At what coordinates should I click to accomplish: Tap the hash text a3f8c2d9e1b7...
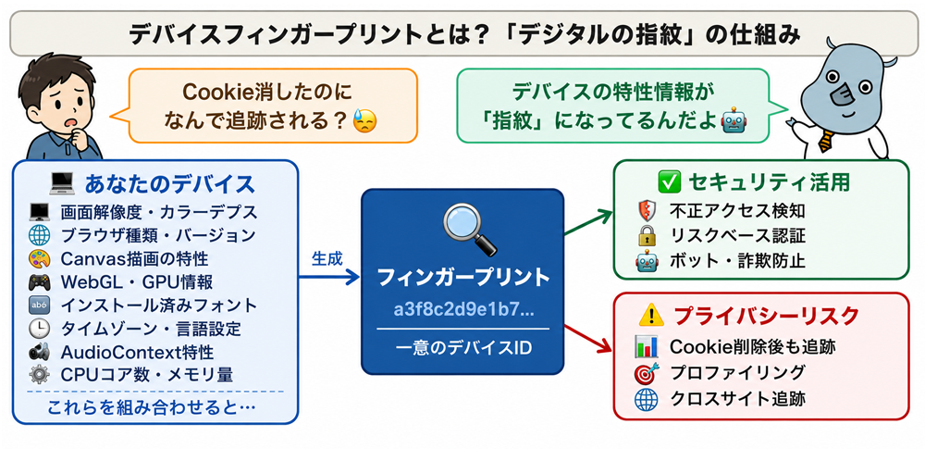[x=463, y=310]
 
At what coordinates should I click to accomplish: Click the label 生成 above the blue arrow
[x=327, y=259]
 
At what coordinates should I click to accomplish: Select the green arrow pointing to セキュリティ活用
[x=587, y=222]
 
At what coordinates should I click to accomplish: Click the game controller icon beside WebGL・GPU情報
[x=39, y=282]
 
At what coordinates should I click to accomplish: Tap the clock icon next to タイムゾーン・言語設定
[x=39, y=329]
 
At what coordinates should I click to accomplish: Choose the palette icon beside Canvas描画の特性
[x=39, y=259]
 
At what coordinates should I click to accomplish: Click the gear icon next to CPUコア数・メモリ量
[x=39, y=375]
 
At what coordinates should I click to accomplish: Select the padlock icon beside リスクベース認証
[x=645, y=236]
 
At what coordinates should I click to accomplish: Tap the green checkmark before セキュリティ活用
[x=669, y=182]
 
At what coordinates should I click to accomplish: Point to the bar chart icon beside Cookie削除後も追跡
[x=646, y=347]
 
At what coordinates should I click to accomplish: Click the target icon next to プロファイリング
[x=646, y=373]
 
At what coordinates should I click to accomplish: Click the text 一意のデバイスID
[x=463, y=347]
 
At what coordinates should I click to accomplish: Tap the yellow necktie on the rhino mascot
[x=826, y=142]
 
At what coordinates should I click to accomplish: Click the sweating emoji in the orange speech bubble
[x=364, y=120]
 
